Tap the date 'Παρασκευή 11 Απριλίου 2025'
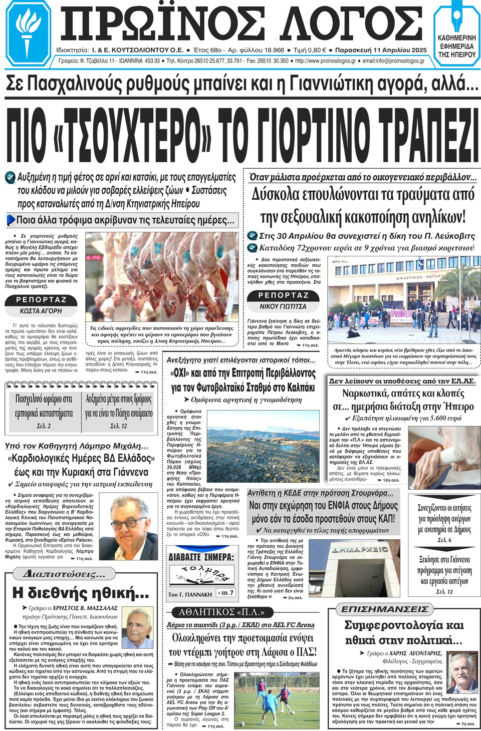coord(380,50)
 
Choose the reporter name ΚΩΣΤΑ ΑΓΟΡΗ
coord(41,311)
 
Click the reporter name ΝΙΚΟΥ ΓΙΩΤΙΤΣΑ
coord(283,306)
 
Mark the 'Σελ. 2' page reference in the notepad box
coord(44,426)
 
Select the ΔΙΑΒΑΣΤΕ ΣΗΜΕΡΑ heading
coord(201,557)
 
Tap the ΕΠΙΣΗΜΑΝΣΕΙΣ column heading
coord(384,609)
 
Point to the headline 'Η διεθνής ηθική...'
coord(80,593)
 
